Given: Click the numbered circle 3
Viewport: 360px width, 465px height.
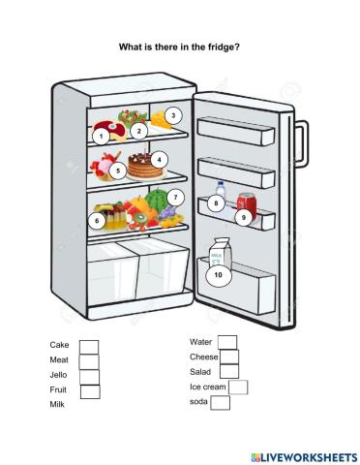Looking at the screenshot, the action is pyautogui.click(x=172, y=115).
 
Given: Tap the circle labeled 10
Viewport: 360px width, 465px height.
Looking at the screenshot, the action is pyautogui.click(x=218, y=275).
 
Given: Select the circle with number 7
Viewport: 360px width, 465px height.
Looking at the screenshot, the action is pyautogui.click(x=174, y=197).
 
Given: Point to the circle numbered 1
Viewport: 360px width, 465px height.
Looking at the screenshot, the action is pyautogui.click(x=101, y=137).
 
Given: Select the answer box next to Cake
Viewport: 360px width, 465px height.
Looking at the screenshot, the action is pyautogui.click(x=88, y=347).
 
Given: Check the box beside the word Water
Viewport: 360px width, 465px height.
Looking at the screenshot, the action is pyautogui.click(x=227, y=341).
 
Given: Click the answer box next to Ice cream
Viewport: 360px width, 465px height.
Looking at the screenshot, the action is pyautogui.click(x=238, y=387).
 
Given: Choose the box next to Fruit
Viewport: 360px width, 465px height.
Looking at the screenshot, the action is pyautogui.click(x=90, y=391).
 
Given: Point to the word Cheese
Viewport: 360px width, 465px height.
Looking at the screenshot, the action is pyautogui.click(x=203, y=356).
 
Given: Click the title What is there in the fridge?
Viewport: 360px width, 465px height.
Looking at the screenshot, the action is pyautogui.click(x=179, y=46).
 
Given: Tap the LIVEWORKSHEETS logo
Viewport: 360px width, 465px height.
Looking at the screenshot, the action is pyautogui.click(x=302, y=455).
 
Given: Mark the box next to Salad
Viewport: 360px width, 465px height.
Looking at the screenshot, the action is pyautogui.click(x=229, y=371).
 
